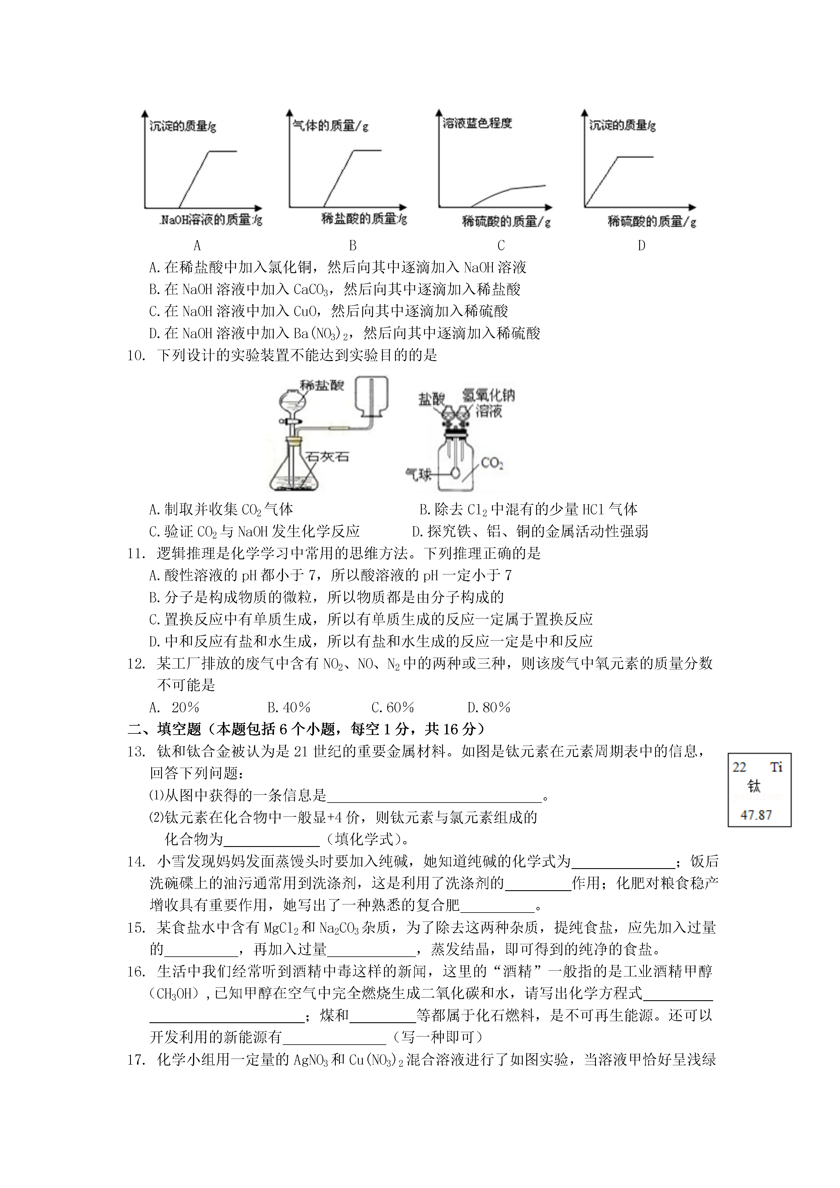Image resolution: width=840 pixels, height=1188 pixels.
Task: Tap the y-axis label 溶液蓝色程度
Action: click(477, 123)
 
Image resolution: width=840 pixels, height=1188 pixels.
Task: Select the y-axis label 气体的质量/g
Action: click(330, 125)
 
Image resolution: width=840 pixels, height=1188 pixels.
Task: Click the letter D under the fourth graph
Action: click(641, 245)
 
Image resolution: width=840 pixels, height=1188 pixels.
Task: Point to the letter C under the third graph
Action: click(500, 245)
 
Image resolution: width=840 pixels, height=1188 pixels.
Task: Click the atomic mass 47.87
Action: click(756, 815)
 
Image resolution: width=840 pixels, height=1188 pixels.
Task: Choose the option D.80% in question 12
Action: click(489, 707)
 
